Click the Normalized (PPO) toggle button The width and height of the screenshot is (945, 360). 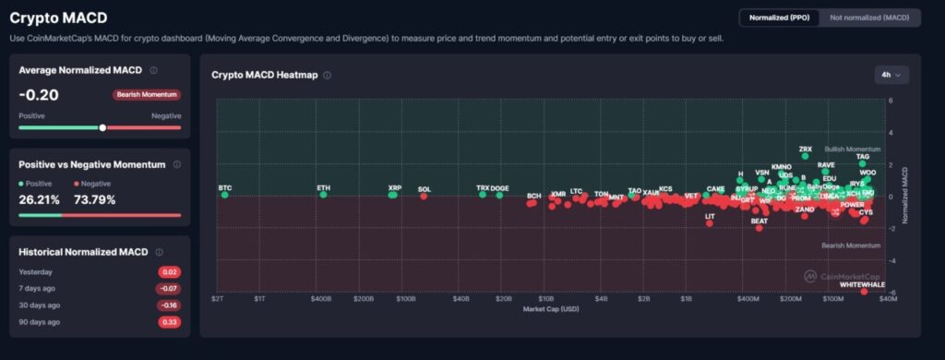[x=779, y=18]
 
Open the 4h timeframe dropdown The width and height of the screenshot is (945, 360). [x=891, y=74]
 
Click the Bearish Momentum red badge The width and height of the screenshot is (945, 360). [x=147, y=94]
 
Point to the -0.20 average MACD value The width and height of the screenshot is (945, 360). [x=39, y=94]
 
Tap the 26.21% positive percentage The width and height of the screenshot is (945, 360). [x=39, y=198]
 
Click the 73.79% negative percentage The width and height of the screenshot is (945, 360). [x=99, y=198]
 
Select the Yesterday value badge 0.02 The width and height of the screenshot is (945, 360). [x=169, y=272]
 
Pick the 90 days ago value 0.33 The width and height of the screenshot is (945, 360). [x=169, y=322]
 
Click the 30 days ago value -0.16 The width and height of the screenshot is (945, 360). [x=168, y=306]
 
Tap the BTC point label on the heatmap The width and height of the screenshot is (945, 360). [x=225, y=187]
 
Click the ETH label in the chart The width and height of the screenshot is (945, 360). [x=323, y=187]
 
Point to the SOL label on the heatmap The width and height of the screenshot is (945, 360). [x=425, y=189]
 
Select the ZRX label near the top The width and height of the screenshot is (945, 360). [x=805, y=149]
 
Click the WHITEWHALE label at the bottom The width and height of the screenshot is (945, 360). [x=861, y=284]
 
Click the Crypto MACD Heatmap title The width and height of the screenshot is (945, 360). [x=265, y=75]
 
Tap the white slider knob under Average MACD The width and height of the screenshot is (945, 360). [x=102, y=127]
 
